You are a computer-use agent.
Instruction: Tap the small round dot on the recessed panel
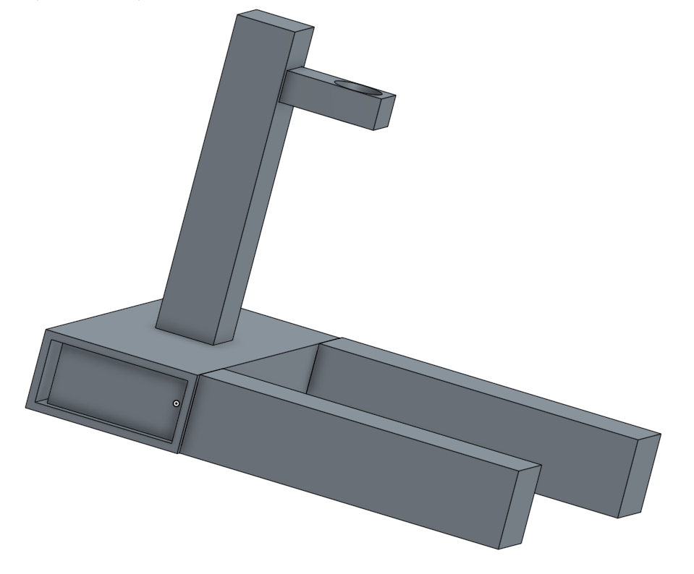[x=177, y=403]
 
